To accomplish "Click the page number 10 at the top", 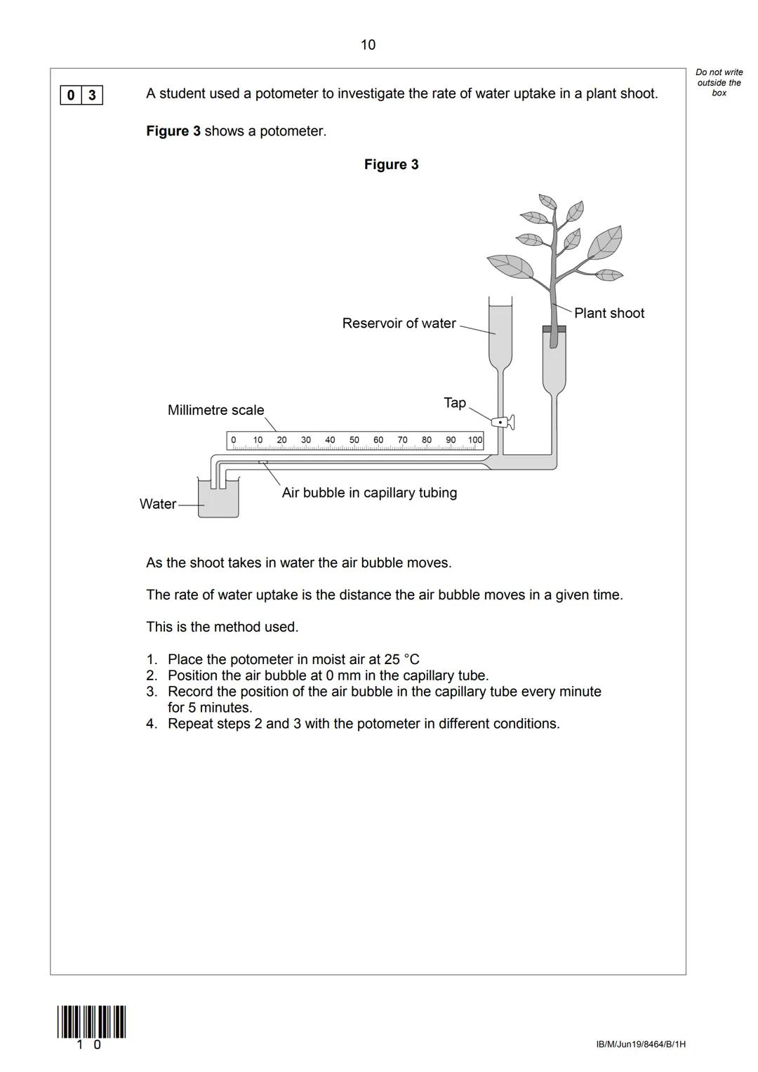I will click(x=368, y=45).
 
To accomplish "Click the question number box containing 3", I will click(x=92, y=95).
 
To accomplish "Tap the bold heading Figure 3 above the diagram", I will click(x=391, y=164).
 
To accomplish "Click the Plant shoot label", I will click(x=609, y=313).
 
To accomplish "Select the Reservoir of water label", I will click(x=399, y=324).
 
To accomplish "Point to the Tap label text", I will click(x=455, y=403).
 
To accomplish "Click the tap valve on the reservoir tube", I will click(x=503, y=422).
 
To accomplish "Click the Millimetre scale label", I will click(x=215, y=410).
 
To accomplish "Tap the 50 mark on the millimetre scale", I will click(x=354, y=440).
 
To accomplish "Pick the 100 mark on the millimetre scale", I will click(x=475, y=440).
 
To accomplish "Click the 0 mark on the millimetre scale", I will click(x=234, y=440).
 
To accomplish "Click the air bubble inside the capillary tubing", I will click(x=263, y=463).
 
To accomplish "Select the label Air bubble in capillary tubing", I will click(x=369, y=493).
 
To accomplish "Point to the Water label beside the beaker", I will click(x=157, y=504).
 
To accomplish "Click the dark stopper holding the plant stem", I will click(x=554, y=329).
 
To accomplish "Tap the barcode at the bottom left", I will click(x=91, y=1022).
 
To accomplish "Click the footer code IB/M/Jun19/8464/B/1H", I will click(x=640, y=1045).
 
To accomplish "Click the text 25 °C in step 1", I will click(x=401, y=659).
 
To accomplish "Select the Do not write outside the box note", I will click(x=719, y=82).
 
